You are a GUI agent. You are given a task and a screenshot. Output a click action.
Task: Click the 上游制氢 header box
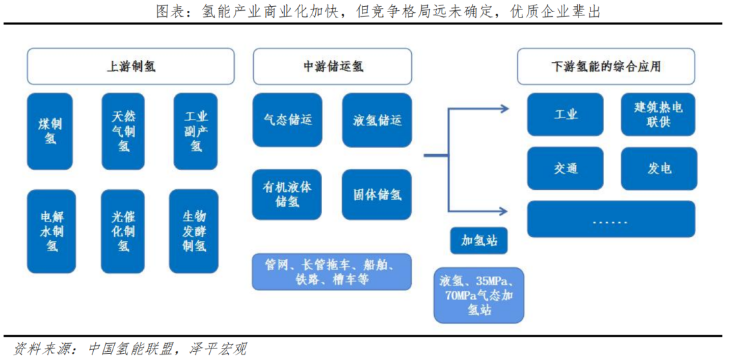pos(131,66)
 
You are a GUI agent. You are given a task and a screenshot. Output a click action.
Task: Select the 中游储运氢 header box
pos(333,66)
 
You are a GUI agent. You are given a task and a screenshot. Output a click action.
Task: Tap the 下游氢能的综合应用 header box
pos(605,66)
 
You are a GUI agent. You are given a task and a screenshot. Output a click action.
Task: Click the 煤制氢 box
pos(51,131)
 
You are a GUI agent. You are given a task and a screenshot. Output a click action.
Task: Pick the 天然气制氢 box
pos(123,131)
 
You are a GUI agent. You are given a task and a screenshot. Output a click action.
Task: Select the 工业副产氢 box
pos(196,131)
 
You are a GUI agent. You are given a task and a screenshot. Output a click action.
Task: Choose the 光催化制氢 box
pos(123,231)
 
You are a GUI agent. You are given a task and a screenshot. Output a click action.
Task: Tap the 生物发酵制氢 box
pos(194,231)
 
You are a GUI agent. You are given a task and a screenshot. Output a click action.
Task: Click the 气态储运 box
pos(288,120)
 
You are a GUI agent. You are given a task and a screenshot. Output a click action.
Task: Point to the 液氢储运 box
pos(377,120)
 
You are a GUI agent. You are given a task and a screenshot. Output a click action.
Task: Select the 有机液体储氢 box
pos(288,195)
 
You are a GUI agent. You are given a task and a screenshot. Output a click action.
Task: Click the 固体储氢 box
pos(377,195)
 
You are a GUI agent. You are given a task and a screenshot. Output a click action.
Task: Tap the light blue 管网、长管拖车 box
pos(332,272)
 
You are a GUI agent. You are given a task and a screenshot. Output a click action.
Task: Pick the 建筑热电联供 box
pos(657,115)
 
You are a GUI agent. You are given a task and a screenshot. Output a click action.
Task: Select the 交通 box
pos(566,168)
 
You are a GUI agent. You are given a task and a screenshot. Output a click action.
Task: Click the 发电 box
pos(659,168)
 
